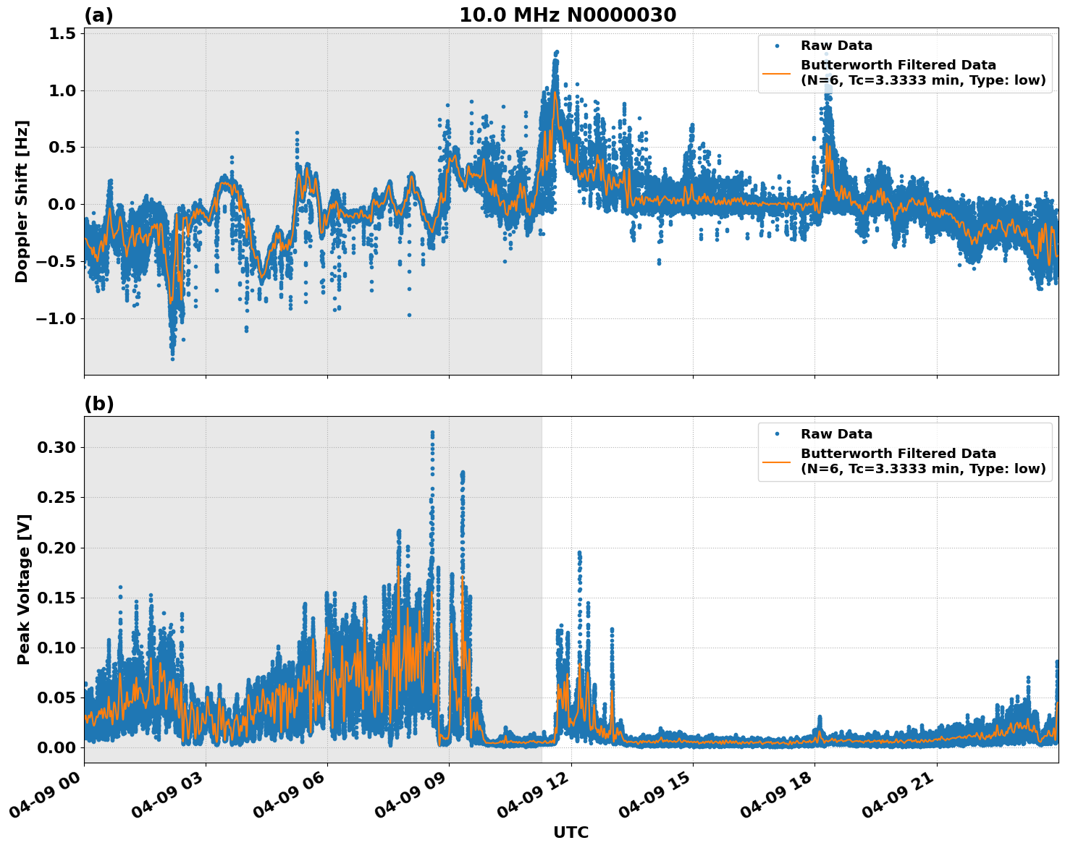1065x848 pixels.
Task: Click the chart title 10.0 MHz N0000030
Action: tap(568, 15)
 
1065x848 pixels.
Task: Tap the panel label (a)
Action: tap(98, 15)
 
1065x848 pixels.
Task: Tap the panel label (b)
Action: tap(98, 404)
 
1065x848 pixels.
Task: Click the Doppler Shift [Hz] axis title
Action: tap(22, 201)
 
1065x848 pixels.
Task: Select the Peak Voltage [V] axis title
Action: tap(24, 589)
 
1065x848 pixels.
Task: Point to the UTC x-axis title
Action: tap(571, 832)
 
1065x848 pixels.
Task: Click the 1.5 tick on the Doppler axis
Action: tap(61, 34)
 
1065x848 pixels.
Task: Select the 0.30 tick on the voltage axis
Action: tap(56, 447)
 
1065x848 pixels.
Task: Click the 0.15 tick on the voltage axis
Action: tap(56, 598)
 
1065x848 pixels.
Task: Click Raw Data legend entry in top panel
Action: tap(836, 46)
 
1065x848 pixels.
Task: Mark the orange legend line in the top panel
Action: tap(777, 72)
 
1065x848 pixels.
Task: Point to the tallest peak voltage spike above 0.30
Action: tap(432, 433)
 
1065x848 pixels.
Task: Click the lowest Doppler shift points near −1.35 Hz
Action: tap(172, 358)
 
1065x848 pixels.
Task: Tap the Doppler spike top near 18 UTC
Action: tap(825, 54)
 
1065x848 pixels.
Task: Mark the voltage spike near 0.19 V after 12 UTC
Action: tap(579, 554)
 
